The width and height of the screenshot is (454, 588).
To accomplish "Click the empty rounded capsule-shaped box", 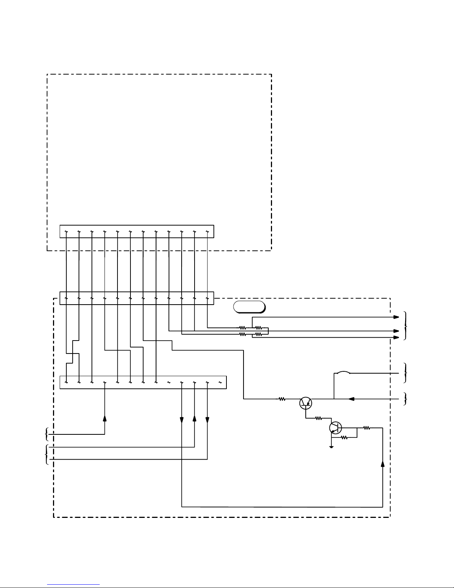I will (249, 307).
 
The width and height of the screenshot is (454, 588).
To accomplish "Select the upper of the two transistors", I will (305, 403).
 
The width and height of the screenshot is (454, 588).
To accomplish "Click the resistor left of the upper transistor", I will (282, 399).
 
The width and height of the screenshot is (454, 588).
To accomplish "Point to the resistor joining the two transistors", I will (318, 418).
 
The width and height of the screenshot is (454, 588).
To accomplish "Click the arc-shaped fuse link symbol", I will (343, 372).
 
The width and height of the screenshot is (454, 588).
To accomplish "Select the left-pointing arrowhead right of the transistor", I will (351, 399).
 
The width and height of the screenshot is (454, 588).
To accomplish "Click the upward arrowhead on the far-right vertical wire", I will (382, 464).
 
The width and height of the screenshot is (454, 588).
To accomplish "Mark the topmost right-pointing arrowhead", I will (396, 317).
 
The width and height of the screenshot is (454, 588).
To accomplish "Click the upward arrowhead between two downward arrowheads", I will (194, 419).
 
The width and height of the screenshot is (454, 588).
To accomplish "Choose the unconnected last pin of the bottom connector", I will (220, 382).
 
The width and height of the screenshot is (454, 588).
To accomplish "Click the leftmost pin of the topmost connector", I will (66, 232).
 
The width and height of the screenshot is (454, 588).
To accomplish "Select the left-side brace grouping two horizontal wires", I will (46, 453).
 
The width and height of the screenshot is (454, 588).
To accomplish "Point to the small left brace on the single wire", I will (46, 433).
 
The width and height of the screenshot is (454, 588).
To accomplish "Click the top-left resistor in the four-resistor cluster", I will (243, 328).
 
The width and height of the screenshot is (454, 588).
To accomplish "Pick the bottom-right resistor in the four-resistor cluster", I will (259, 334).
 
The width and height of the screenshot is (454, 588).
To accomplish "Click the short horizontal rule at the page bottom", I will (73, 585).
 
